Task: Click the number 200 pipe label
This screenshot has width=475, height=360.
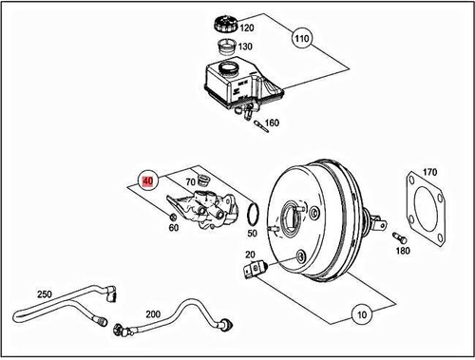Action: pyautogui.click(x=153, y=313)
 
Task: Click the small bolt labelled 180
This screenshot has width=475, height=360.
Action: pyautogui.click(x=399, y=237)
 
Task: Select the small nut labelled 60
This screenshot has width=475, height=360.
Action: pyautogui.click(x=172, y=216)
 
